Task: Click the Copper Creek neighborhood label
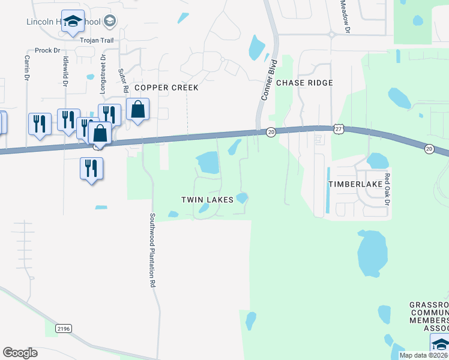coord(166,88)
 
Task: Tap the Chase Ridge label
coord(304,83)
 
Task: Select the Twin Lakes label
coord(207,199)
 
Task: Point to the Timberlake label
coord(355,184)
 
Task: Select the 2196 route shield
coord(63,328)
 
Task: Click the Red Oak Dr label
coord(387,189)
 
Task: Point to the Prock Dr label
coord(47,50)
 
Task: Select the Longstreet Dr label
coord(103,74)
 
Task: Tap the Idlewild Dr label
coord(64,71)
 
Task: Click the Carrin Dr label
coord(27,68)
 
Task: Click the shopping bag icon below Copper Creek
coord(137,111)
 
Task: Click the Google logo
coord(20,353)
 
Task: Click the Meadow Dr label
coord(345,16)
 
